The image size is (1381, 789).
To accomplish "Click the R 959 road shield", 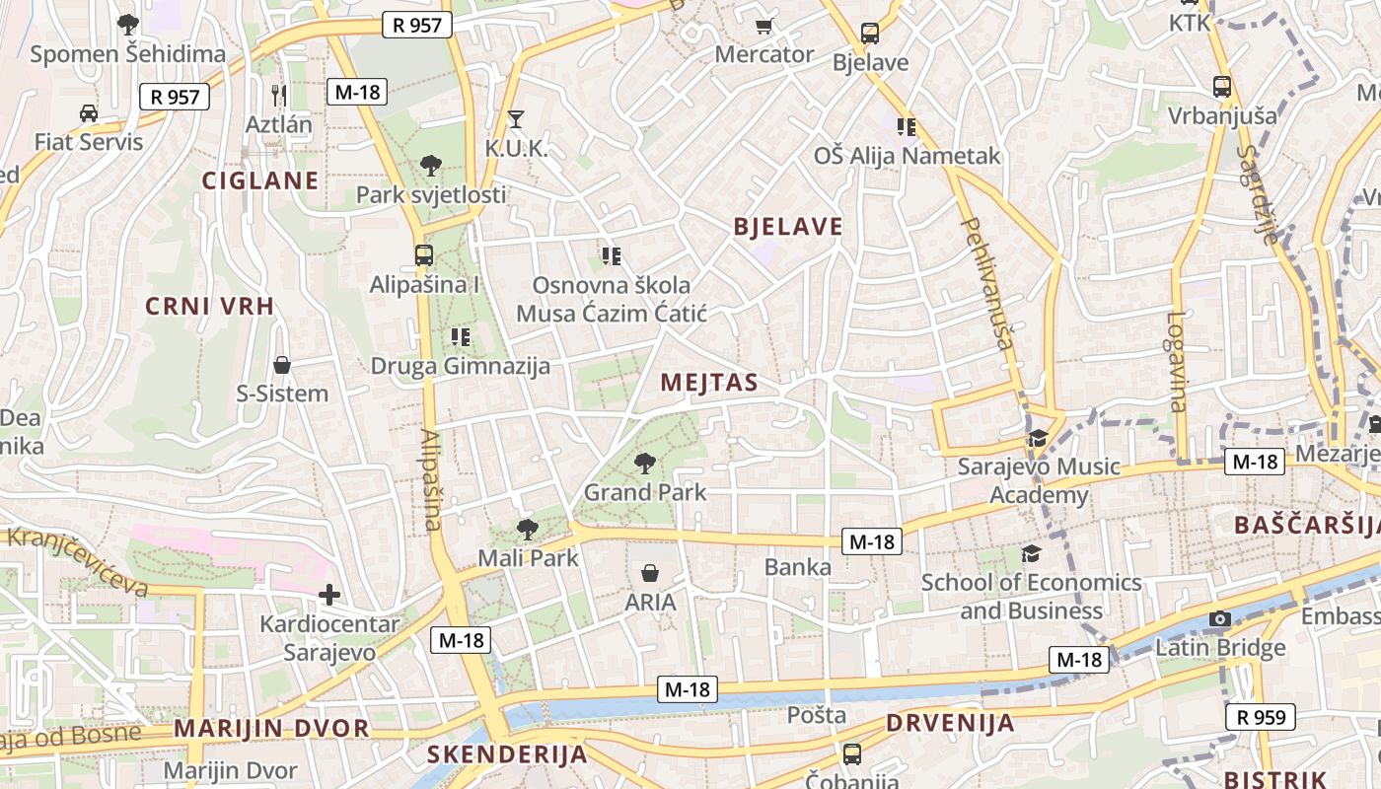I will click(x=1261, y=717).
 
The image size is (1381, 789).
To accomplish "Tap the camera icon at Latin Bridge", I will click(x=1220, y=619).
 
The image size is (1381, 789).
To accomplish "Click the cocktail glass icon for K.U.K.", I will click(x=515, y=120).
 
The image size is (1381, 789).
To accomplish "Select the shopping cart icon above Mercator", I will click(x=764, y=26).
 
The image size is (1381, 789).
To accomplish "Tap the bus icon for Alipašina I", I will click(x=424, y=255).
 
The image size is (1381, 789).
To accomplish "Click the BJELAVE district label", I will click(x=788, y=227).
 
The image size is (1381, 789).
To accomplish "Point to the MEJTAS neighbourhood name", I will click(x=709, y=383).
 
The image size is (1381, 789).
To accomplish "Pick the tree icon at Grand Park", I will click(x=645, y=462).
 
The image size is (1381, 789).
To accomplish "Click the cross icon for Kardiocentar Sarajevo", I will click(x=329, y=595).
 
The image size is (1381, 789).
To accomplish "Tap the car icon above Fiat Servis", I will click(x=89, y=113).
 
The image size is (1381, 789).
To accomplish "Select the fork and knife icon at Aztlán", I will click(x=279, y=96).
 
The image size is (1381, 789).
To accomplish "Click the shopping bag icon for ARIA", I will click(x=650, y=573).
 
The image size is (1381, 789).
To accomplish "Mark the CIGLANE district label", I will click(x=260, y=180).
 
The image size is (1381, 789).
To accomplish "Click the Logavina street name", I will click(x=1176, y=361).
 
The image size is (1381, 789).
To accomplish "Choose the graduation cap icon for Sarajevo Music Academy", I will click(x=1038, y=438).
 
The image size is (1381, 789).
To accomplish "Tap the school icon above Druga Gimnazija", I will click(x=460, y=337).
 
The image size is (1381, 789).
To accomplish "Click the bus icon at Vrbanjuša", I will click(x=1222, y=87).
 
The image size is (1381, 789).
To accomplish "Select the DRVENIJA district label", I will click(x=950, y=723).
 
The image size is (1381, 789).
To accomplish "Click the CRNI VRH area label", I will click(x=209, y=306).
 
